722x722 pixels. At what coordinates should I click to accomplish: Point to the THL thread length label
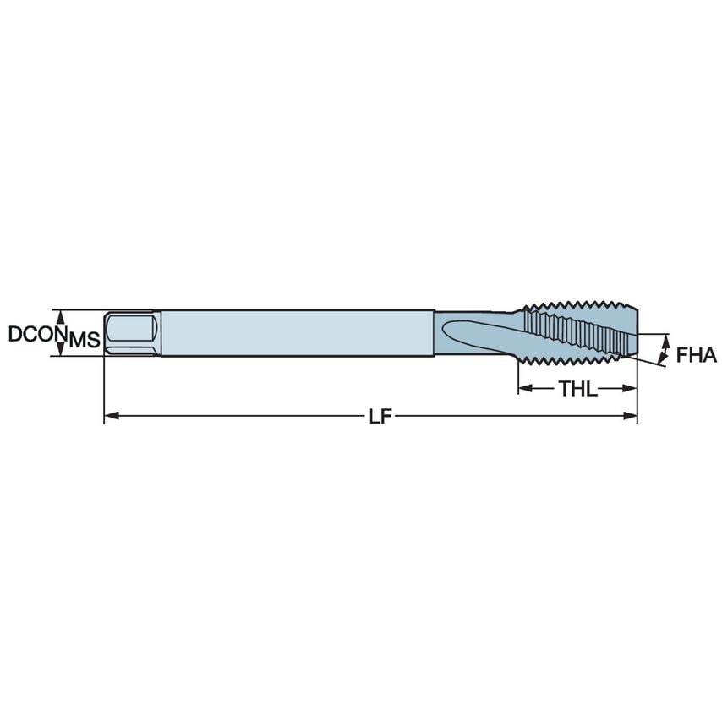coord(577,389)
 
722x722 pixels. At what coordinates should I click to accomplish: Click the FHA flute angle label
coord(696,355)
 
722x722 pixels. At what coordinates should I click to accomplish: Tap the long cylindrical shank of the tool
coord(296,331)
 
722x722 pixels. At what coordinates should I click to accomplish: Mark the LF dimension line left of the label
coord(237,416)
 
